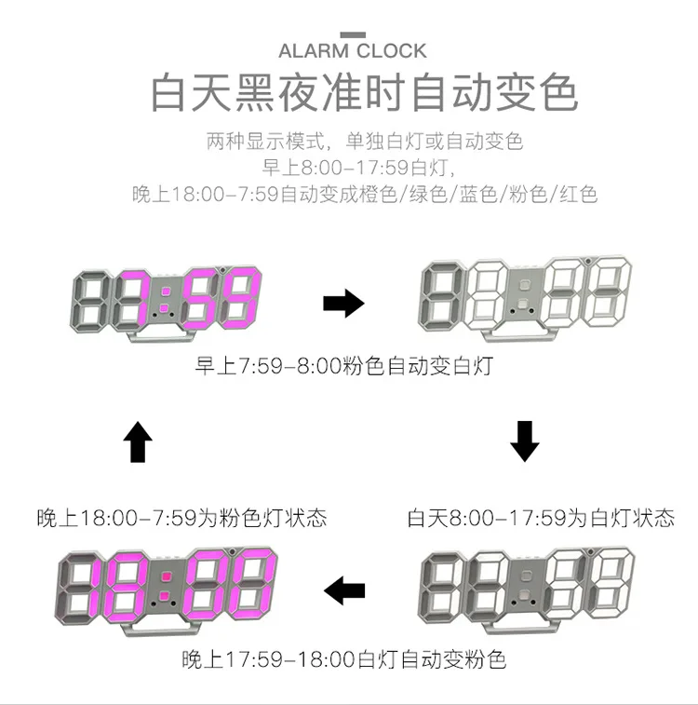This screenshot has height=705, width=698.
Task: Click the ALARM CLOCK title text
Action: tap(352, 50)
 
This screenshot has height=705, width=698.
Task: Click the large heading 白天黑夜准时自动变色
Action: tap(364, 94)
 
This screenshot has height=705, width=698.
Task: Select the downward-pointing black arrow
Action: tap(525, 441)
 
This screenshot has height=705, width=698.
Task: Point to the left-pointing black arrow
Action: tap(343, 590)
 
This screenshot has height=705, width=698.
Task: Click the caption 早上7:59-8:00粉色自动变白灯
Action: tap(343, 366)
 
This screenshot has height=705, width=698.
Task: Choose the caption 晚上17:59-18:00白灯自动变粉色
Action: tap(344, 660)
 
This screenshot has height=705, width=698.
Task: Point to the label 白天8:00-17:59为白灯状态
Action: tap(541, 518)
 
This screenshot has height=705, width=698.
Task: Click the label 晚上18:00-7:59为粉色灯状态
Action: tap(182, 518)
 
